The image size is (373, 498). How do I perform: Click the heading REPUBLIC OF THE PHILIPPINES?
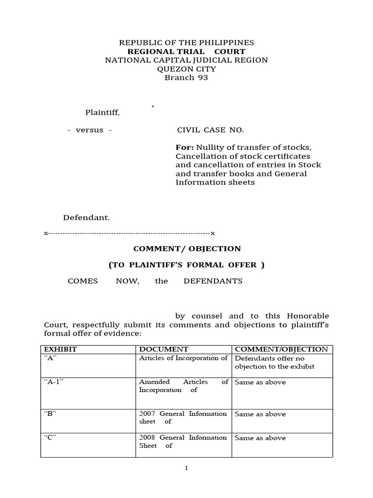pyautogui.click(x=186, y=43)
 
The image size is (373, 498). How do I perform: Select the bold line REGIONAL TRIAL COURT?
pyautogui.click(x=186, y=52)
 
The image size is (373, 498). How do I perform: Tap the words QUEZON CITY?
pyautogui.click(x=186, y=69)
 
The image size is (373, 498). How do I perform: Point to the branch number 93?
pyautogui.click(x=202, y=78)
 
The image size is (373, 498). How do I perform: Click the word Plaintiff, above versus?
pyautogui.click(x=102, y=113)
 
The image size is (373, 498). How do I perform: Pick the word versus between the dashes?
pyautogui.click(x=90, y=130)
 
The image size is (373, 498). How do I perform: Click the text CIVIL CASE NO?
pyautogui.click(x=210, y=130)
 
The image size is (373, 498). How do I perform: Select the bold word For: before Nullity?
pyautogui.click(x=184, y=148)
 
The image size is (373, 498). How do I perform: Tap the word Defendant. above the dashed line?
pyautogui.click(x=85, y=218)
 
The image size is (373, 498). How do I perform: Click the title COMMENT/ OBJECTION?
pyautogui.click(x=187, y=249)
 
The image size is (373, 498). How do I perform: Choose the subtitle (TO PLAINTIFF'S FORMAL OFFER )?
pyautogui.click(x=187, y=265)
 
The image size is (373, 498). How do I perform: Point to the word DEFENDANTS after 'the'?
pyautogui.click(x=213, y=281)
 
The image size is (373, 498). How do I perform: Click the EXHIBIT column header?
pyautogui.click(x=61, y=349)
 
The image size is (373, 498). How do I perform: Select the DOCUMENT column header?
pyautogui.click(x=164, y=349)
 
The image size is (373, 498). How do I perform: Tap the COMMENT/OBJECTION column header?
pyautogui.click(x=281, y=349)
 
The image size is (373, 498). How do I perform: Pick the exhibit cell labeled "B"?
pyautogui.click(x=51, y=414)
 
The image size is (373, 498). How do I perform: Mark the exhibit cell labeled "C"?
pyautogui.click(x=51, y=438)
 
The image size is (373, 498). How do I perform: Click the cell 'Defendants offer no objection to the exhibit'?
pyautogui.click(x=275, y=362)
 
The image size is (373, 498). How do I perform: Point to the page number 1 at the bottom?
pyautogui.click(x=186, y=468)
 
